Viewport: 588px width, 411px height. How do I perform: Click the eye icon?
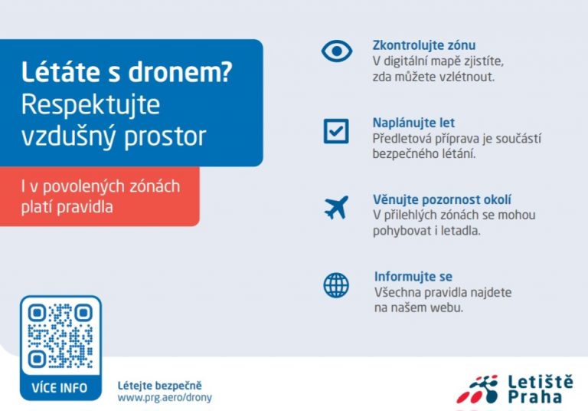point(337,51)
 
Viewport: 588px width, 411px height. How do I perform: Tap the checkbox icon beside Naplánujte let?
point(336,131)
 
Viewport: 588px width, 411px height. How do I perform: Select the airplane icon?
point(336,207)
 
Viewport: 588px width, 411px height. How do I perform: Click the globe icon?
point(336,285)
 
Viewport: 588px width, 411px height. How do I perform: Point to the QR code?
point(60,336)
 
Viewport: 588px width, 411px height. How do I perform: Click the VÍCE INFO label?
point(60,388)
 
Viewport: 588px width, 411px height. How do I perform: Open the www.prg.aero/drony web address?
point(165,397)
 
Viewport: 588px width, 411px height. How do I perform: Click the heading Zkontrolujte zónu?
point(423,45)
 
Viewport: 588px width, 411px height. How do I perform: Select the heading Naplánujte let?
point(413,123)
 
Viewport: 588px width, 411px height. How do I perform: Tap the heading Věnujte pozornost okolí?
point(442,199)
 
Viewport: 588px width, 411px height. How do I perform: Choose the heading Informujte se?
point(413,277)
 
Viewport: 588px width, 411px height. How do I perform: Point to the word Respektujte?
point(91,105)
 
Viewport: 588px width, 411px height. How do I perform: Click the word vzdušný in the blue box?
point(70,136)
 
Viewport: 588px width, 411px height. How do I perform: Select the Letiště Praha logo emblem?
point(478,390)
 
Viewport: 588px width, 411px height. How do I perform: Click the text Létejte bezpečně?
point(159,386)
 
